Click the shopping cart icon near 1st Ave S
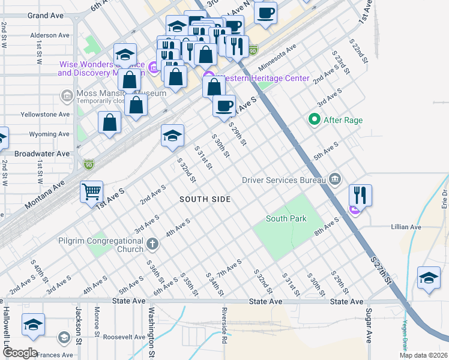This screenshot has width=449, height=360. click(91, 192)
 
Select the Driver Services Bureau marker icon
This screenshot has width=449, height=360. click(335, 179)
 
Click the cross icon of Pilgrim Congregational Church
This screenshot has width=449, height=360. click(152, 245)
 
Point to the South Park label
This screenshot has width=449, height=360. click(286, 219)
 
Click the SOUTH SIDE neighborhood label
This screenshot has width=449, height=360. click(205, 199)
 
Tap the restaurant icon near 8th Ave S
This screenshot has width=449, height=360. click(360, 195)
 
